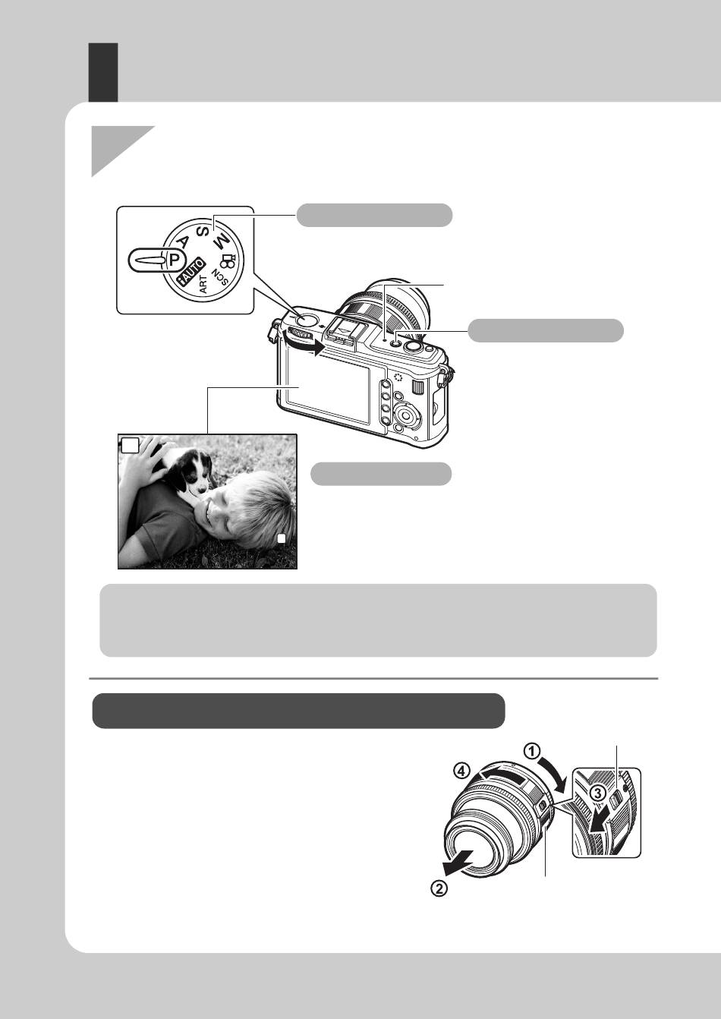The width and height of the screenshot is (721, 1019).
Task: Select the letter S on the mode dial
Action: click(203, 231)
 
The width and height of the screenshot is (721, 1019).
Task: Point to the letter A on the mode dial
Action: click(185, 241)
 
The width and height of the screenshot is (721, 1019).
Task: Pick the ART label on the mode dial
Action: click(203, 285)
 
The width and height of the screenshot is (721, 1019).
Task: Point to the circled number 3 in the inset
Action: click(598, 793)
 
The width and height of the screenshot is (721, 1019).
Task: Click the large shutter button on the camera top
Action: click(412, 347)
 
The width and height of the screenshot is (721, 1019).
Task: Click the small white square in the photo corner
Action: click(282, 538)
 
